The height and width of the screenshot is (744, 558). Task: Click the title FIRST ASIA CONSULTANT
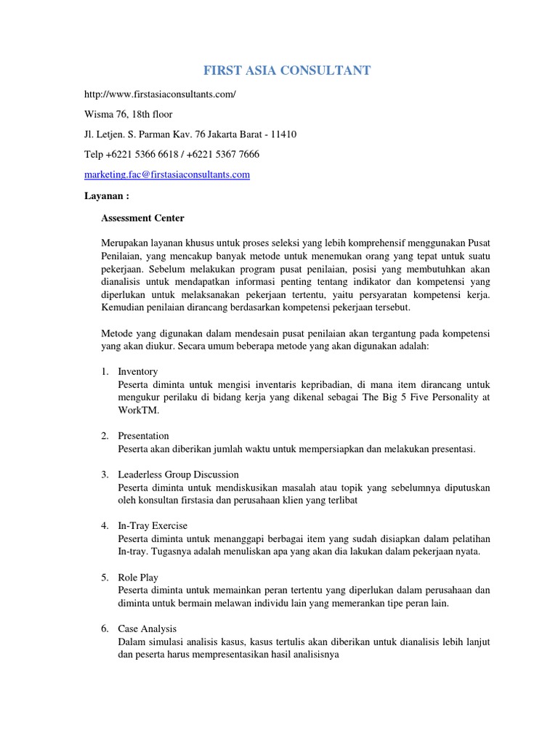pyautogui.click(x=286, y=70)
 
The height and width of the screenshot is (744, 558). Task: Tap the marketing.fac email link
pyautogui.click(x=167, y=174)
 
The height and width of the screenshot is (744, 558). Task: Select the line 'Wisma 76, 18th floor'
pyautogui.click(x=129, y=115)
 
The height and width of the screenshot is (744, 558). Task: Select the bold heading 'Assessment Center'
pyautogui.click(x=142, y=218)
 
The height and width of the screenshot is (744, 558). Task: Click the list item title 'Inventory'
pyautogui.click(x=138, y=371)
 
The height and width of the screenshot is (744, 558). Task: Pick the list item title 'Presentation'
pyautogui.click(x=143, y=435)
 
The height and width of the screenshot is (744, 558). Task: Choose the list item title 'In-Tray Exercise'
pyautogui.click(x=153, y=525)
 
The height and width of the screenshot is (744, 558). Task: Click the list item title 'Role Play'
pyautogui.click(x=138, y=577)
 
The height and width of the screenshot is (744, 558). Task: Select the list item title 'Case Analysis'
pyautogui.click(x=147, y=628)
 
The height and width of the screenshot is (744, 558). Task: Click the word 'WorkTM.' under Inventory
pyautogui.click(x=138, y=411)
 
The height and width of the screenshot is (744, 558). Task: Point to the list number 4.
pyautogui.click(x=105, y=525)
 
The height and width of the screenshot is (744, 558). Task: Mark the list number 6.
pyautogui.click(x=105, y=628)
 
